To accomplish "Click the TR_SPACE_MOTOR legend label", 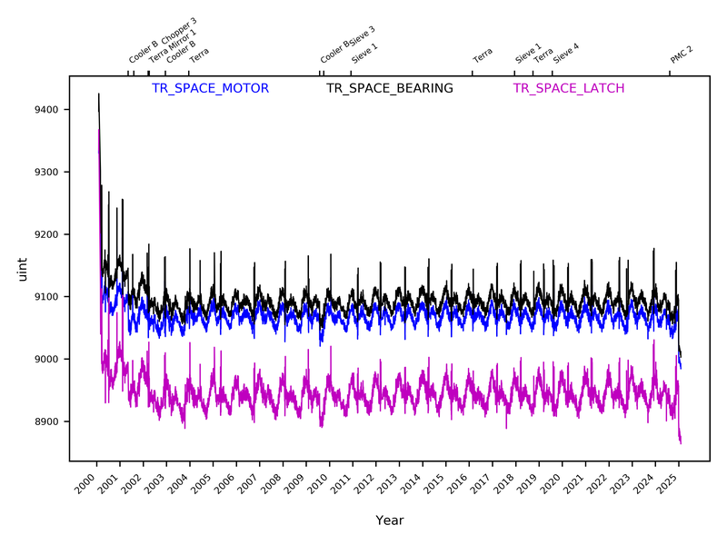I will (x=210, y=88).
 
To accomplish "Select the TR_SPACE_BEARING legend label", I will (x=389, y=88).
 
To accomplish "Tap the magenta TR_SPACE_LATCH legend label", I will (x=568, y=88).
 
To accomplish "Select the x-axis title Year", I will (x=389, y=520).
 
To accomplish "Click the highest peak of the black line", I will (x=98, y=94).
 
